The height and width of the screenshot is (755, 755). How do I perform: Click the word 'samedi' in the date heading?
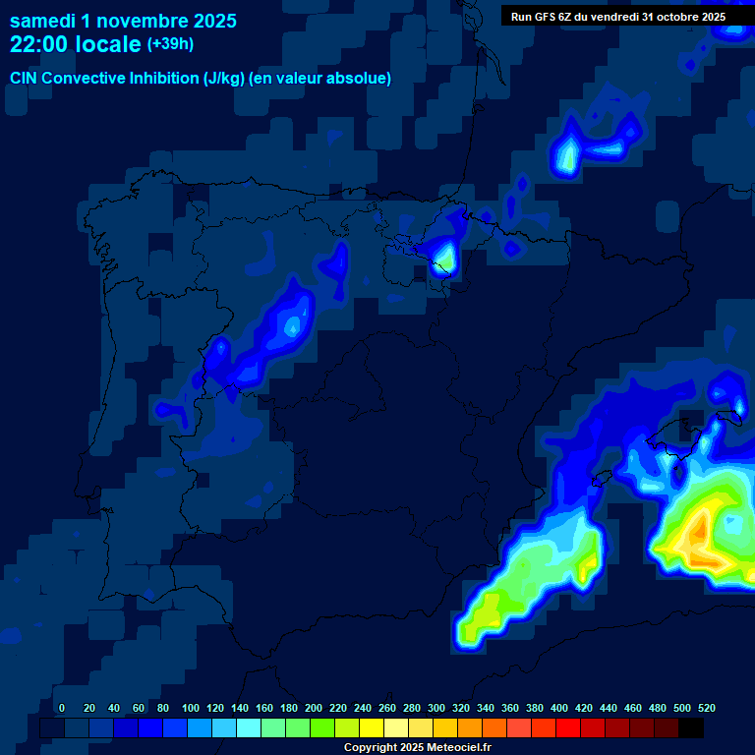click(44, 21)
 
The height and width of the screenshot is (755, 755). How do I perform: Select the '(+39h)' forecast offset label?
click(171, 44)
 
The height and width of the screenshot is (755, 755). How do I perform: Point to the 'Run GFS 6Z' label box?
click(618, 16)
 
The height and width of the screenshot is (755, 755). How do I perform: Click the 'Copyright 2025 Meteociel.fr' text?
click(417, 748)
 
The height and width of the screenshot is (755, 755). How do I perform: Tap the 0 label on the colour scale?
click(62, 708)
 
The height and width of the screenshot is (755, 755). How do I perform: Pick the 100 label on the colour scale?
click(191, 708)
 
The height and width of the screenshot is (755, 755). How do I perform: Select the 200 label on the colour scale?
click(314, 708)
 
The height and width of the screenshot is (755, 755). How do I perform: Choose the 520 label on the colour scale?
click(706, 708)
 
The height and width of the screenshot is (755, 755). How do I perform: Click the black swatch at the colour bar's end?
click(691, 728)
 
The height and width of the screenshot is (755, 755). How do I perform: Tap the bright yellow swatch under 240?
click(372, 728)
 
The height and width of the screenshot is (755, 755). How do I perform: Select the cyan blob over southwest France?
click(566, 156)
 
